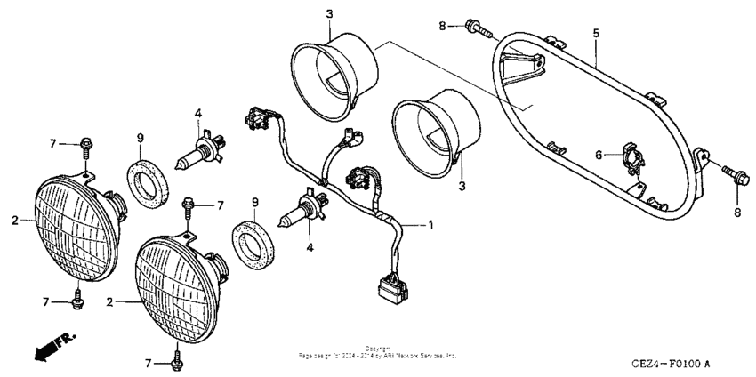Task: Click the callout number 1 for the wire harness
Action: coord(431,225)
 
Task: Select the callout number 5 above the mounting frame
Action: coord(596,33)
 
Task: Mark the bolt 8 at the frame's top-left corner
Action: coord(477,28)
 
